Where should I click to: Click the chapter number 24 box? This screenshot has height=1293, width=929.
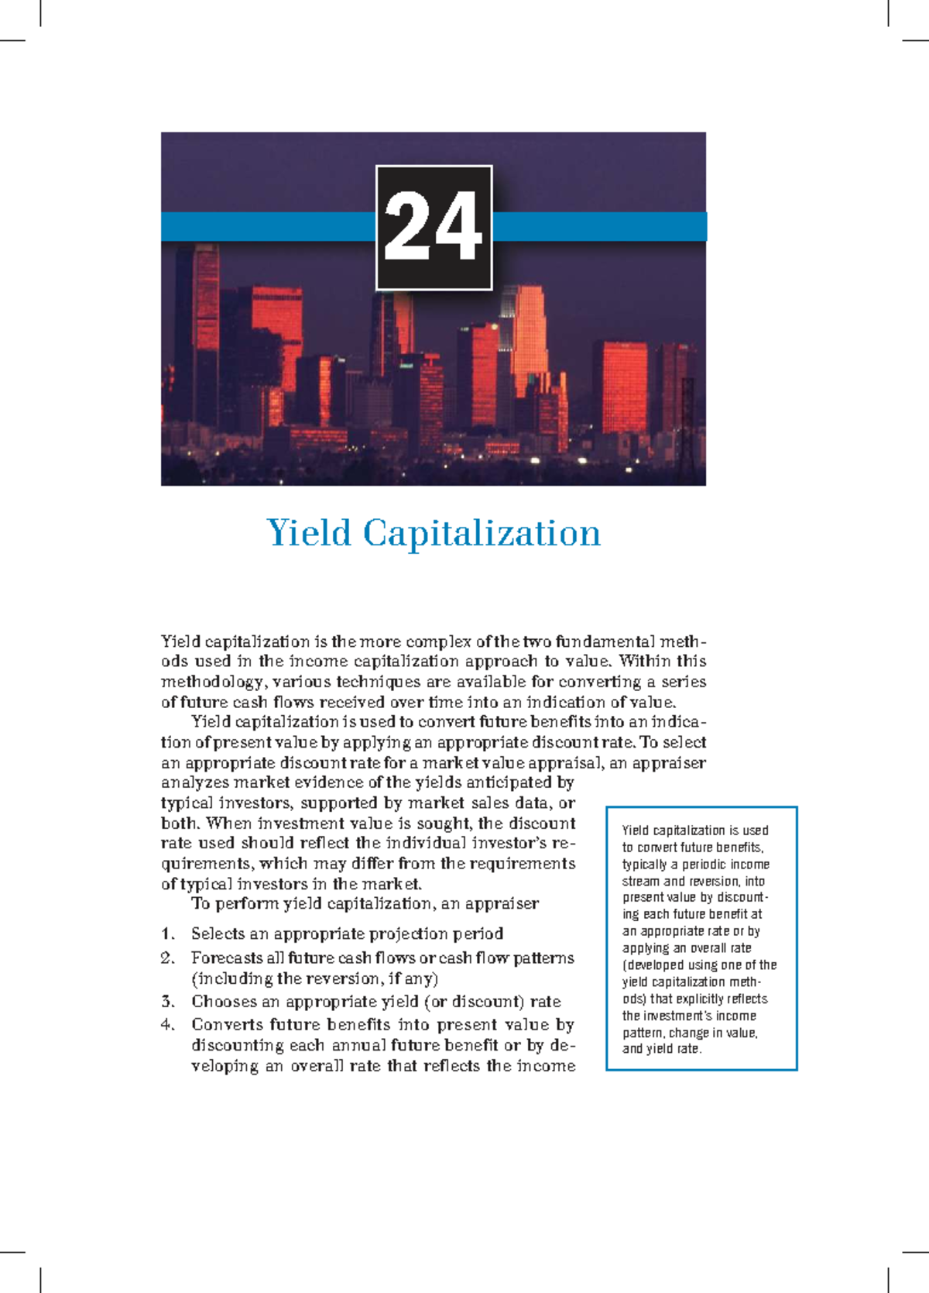(x=434, y=228)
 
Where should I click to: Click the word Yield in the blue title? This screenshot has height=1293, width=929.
(x=309, y=533)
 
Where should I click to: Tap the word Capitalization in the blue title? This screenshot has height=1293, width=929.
(x=482, y=533)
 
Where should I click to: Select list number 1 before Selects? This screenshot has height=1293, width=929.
(x=168, y=934)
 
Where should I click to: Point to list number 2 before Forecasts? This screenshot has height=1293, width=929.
(x=168, y=958)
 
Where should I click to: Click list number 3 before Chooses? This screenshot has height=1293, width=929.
(x=168, y=1002)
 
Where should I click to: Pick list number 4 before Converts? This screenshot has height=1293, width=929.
(x=168, y=1025)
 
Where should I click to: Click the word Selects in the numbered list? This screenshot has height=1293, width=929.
(x=218, y=934)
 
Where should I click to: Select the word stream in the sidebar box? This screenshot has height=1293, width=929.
(x=640, y=882)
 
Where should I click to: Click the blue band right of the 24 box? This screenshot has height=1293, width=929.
(x=600, y=227)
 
